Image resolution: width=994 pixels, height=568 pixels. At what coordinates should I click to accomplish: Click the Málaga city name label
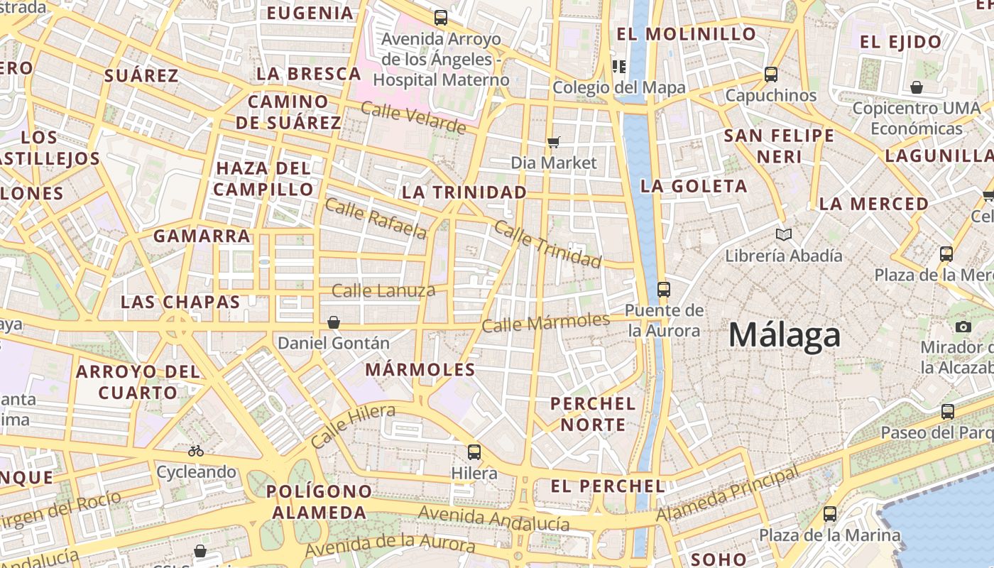[x=785, y=334]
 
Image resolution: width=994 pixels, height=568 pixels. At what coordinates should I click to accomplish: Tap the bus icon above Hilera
[x=474, y=452]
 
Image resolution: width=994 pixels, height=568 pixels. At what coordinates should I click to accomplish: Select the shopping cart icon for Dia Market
[x=554, y=142]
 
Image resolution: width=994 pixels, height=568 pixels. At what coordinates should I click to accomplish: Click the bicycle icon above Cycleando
[x=196, y=451]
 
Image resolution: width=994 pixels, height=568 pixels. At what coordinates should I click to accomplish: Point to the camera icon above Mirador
[x=963, y=327]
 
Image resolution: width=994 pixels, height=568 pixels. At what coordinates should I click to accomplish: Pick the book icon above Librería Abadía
[x=784, y=234]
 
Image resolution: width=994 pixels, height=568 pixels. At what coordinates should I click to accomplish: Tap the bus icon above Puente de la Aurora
[x=664, y=289]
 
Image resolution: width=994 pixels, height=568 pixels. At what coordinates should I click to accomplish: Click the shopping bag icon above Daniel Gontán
[x=334, y=322]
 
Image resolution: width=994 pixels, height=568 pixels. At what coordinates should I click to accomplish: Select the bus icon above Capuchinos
[x=771, y=74]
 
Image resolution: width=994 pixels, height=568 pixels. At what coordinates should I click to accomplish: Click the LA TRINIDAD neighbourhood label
[x=464, y=192]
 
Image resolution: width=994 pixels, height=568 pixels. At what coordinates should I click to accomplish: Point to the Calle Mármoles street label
[x=545, y=322]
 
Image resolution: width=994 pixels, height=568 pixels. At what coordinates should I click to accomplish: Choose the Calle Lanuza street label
[x=383, y=290]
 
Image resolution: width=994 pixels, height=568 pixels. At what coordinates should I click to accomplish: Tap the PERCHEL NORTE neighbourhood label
[x=593, y=414]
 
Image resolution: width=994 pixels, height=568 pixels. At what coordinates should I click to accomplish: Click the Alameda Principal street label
[x=728, y=493]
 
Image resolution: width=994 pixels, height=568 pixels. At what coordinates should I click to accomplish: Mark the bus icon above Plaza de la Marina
[x=829, y=513]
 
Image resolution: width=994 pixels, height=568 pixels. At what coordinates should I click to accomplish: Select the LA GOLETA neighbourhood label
[x=694, y=187]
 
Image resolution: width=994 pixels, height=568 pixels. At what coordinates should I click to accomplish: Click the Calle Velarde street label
[x=413, y=118]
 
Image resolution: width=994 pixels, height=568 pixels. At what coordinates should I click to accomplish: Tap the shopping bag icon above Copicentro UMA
[x=917, y=87]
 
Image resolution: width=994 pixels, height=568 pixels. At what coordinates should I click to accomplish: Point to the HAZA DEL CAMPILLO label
[x=263, y=179]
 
